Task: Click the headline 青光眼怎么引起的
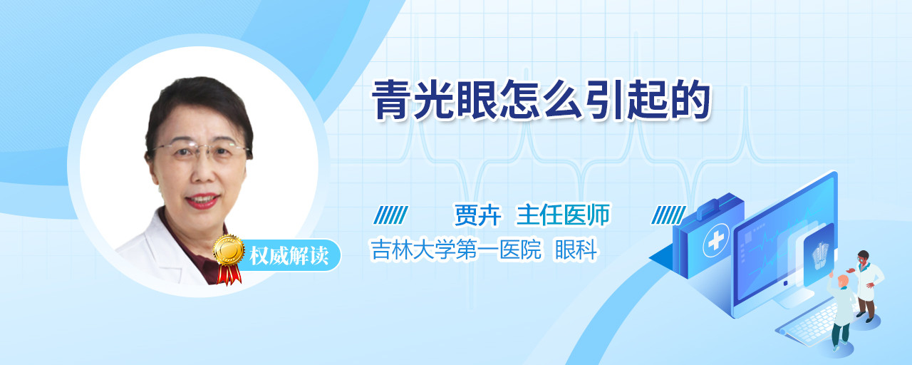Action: (x=541, y=101)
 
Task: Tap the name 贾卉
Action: (x=477, y=215)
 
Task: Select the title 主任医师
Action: (x=563, y=215)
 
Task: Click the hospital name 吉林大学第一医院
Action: (x=456, y=250)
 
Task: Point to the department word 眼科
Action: (x=576, y=250)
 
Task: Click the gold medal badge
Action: (x=229, y=250)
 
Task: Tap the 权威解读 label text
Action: (x=289, y=256)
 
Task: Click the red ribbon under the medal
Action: (x=229, y=274)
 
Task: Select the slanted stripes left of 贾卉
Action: (x=391, y=215)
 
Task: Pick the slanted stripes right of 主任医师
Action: (x=668, y=215)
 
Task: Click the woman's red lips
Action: (x=202, y=201)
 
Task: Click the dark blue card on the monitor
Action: (x=819, y=255)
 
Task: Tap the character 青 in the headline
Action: (x=392, y=101)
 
